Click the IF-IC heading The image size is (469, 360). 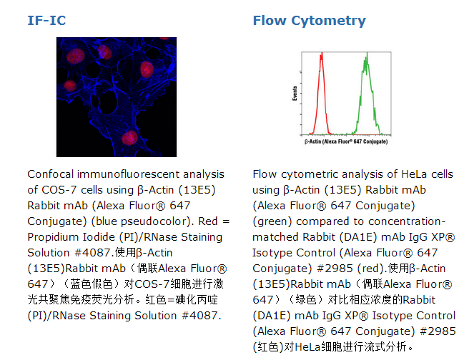click(x=46, y=21)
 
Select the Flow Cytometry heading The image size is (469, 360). click(x=310, y=21)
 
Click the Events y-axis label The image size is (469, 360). click(x=295, y=93)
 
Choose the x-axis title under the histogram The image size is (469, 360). click(x=346, y=141)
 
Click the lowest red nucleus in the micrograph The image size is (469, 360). click(x=129, y=138)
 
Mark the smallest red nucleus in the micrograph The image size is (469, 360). click(x=70, y=86)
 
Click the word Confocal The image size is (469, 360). click(x=51, y=174)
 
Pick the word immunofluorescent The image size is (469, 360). click(x=129, y=174)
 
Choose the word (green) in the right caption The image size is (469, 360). click(x=272, y=221)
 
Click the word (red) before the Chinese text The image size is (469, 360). click(x=371, y=269)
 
